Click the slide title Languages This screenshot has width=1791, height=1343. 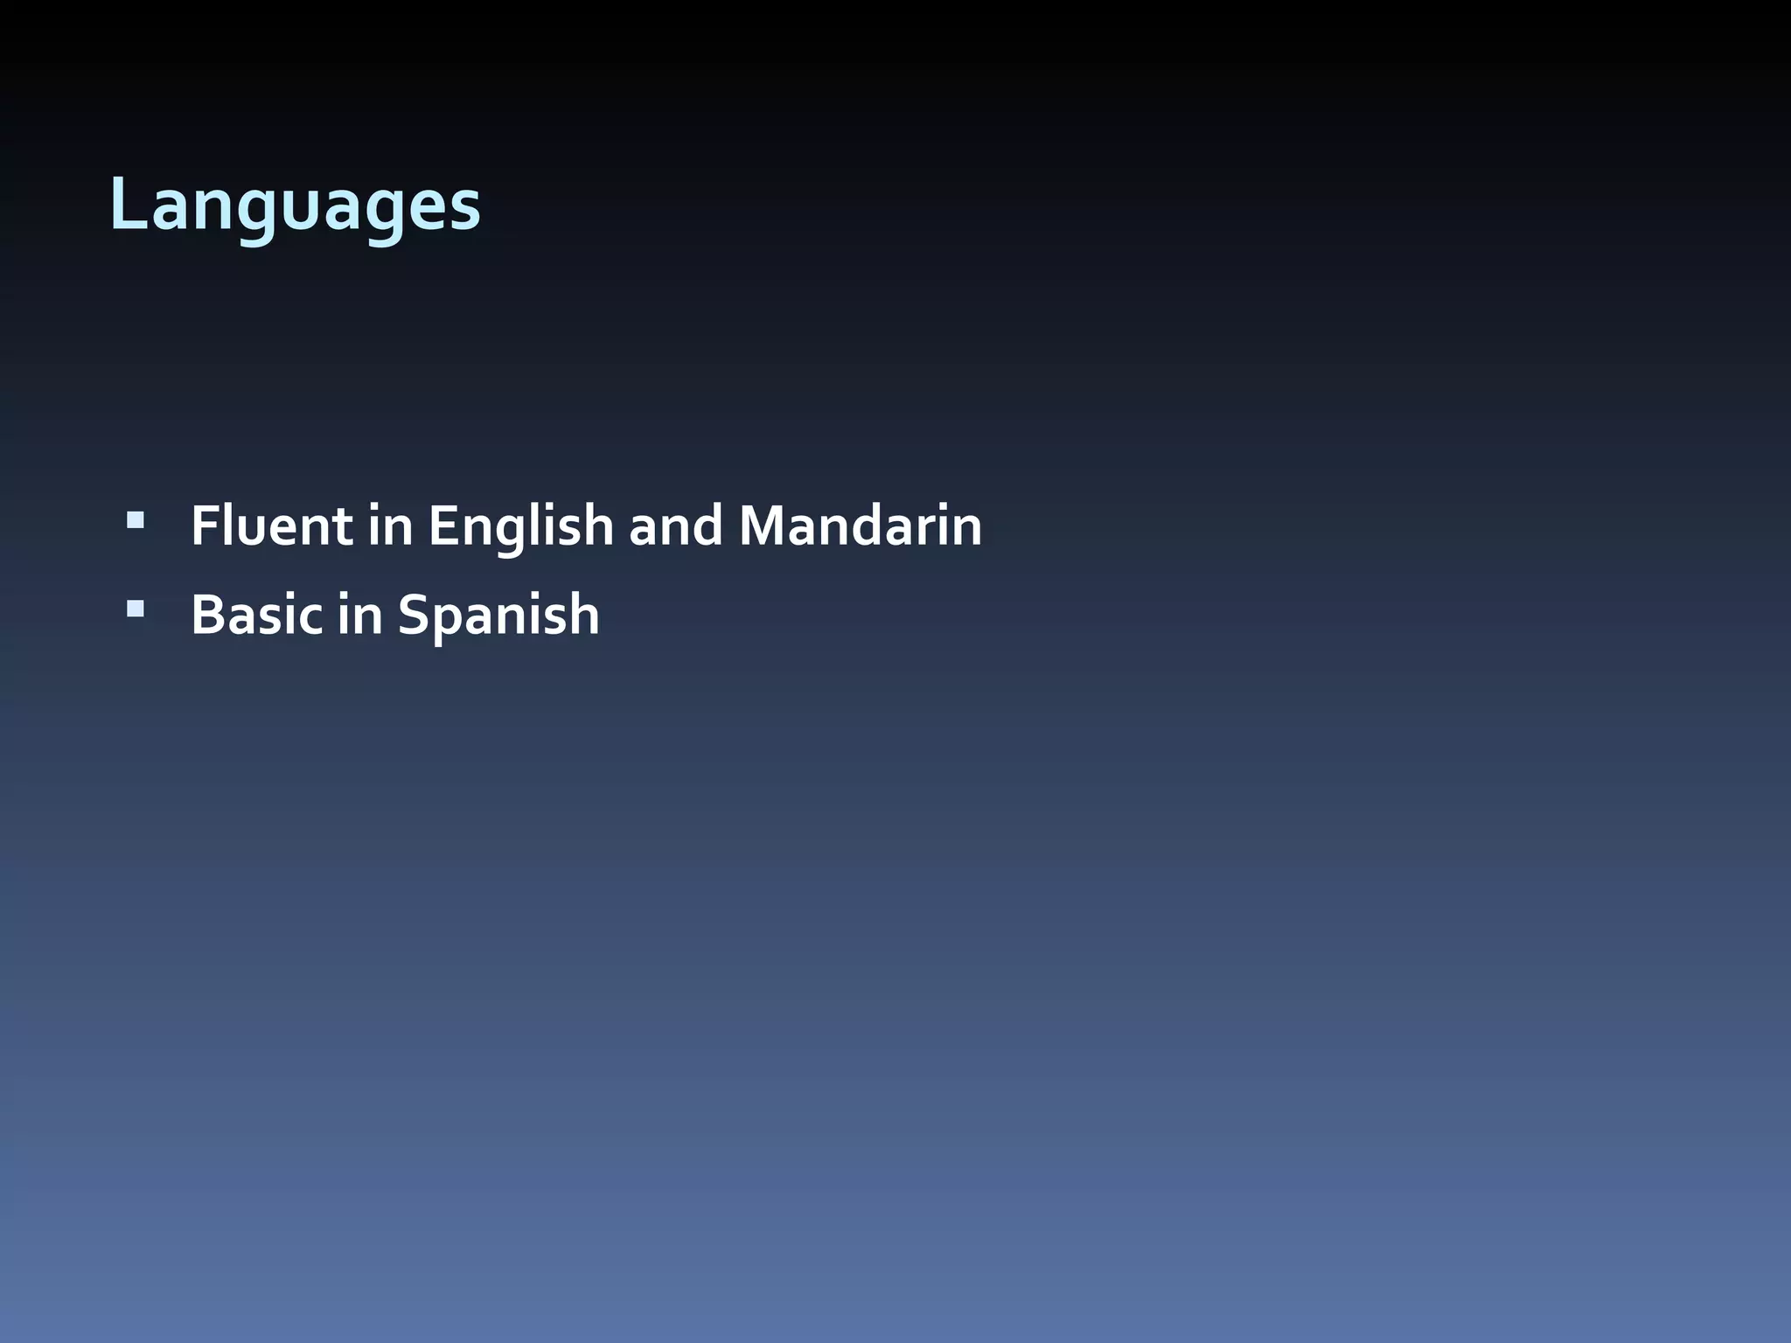click(295, 206)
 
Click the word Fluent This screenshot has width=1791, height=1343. click(271, 526)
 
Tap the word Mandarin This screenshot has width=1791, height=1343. click(861, 526)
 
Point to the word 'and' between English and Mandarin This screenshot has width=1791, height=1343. click(676, 526)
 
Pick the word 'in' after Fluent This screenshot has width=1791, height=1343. click(390, 526)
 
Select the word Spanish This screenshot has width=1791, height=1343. click(498, 615)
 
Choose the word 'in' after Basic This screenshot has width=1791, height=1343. click(360, 615)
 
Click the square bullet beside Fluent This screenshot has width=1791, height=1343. click(136, 522)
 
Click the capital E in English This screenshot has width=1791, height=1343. click(442, 526)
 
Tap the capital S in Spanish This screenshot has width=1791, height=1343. click(414, 615)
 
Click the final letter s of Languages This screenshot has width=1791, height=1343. click(466, 212)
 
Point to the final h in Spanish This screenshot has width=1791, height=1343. click(583, 615)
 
